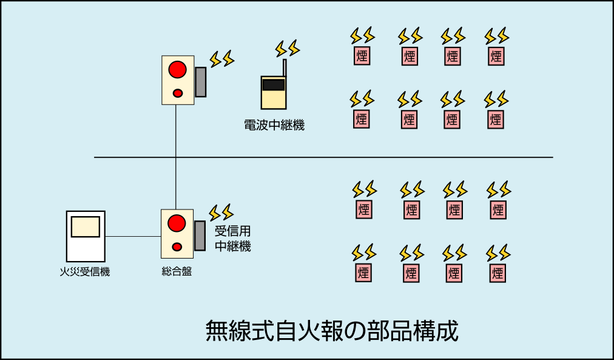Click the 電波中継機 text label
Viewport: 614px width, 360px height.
274,126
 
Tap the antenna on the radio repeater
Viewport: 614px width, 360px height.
285,67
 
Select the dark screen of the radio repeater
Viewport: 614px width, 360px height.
274,84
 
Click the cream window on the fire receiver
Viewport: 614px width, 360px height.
86,226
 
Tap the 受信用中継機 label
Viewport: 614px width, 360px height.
232,239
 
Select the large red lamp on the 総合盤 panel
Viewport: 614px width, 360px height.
177,223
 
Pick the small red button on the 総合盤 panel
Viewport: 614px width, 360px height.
177,246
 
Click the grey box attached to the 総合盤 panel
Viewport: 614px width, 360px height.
200,236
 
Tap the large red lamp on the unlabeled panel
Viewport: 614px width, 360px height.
177,69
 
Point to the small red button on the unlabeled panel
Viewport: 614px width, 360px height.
178,93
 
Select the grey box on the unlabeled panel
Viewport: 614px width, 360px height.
200,82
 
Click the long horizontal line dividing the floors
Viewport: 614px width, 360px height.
364,157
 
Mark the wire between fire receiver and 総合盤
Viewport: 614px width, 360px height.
133,236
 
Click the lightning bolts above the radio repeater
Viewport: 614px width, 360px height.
288,48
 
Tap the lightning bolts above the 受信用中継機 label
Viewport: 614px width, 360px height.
221,212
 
